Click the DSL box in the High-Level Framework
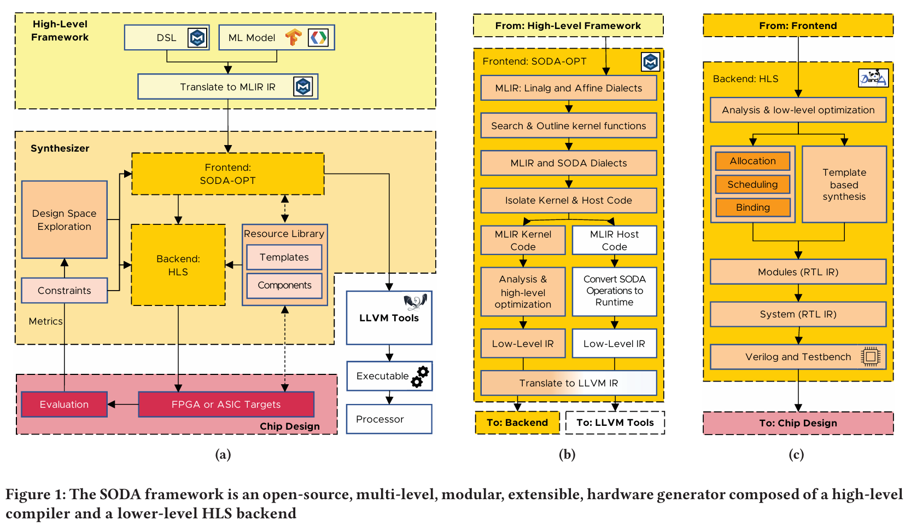166,38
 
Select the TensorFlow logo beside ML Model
294,37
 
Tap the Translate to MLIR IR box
227,87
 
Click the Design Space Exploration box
65,219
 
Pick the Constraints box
65,291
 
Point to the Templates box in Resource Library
284,257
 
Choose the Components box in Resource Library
284,285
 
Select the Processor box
389,419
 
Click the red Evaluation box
64,404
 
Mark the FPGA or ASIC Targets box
226,404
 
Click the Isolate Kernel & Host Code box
568,200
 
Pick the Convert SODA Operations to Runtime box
614,291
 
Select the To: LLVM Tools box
615,423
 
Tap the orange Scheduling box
752,184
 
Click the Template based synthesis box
844,184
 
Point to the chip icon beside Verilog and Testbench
870,357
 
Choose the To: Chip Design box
798,423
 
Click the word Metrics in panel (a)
45,321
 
